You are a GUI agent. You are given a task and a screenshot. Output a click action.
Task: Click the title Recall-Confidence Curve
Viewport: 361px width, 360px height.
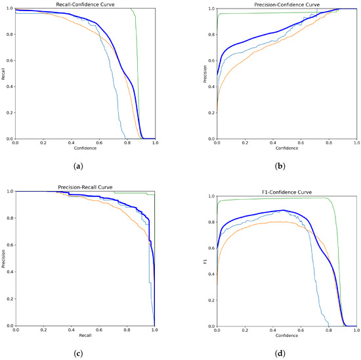click(85, 4)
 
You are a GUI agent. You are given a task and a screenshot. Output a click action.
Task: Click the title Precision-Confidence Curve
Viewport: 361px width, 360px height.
click(287, 4)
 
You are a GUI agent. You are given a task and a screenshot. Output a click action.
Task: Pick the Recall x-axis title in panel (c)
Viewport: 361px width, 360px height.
click(85, 336)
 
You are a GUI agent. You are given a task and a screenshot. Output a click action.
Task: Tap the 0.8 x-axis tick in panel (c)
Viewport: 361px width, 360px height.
click(127, 330)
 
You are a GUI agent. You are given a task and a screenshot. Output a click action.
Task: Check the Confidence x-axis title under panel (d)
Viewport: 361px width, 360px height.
click(287, 336)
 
